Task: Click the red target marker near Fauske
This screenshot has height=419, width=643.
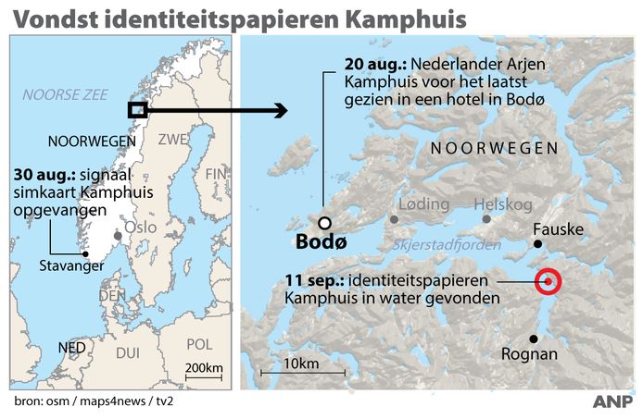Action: point(548,280)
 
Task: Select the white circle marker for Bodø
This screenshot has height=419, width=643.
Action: point(324,222)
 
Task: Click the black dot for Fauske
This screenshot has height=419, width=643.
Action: point(536,244)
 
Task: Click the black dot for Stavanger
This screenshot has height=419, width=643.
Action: point(85,254)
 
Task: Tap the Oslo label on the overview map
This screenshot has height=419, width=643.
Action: point(139,227)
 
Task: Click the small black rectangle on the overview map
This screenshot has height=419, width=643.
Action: point(137,109)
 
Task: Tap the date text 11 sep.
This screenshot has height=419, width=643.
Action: point(311,281)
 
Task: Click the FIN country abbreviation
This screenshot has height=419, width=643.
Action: point(216,172)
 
